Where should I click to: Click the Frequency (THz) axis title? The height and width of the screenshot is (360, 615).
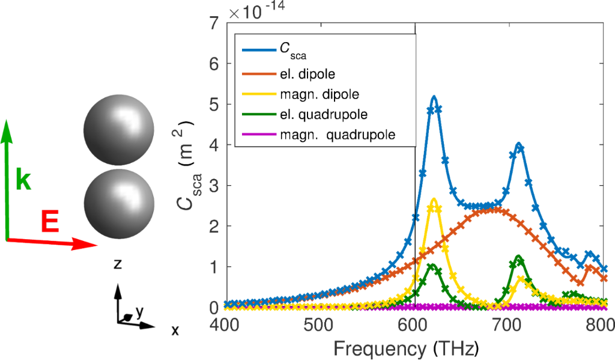(x=407, y=348)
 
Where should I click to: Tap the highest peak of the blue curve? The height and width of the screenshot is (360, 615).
(x=434, y=97)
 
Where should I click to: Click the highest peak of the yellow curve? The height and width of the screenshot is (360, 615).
(x=434, y=200)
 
